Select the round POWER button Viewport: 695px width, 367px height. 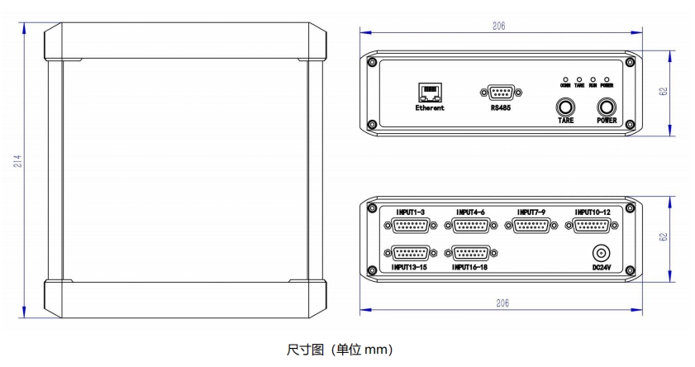click(x=607, y=107)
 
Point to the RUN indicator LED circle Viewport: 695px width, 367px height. click(x=593, y=78)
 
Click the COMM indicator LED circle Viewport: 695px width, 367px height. click(x=565, y=78)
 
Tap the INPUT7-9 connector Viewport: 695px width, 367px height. click(x=531, y=226)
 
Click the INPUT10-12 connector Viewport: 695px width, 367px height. click(x=592, y=226)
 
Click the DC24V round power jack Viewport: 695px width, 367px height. click(x=601, y=255)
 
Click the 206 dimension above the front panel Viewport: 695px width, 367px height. click(x=498, y=26)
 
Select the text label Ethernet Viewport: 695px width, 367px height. click(x=430, y=108)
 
